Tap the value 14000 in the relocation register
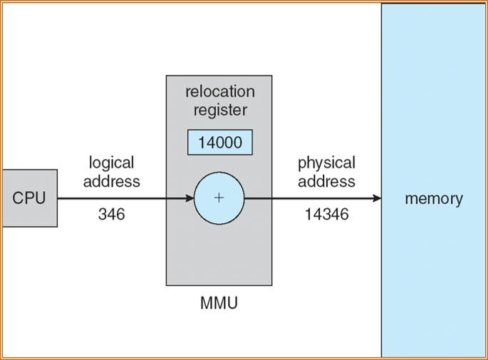(219, 143)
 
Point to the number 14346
(326, 214)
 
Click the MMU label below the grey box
(219, 304)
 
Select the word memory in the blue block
(433, 199)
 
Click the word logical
(111, 163)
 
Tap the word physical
(326, 163)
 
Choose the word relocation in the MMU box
(219, 92)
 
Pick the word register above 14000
(219, 110)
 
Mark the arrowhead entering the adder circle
(189, 198)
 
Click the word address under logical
(111, 181)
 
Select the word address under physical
(326, 181)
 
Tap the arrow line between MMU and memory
(313, 198)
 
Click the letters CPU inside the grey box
(28, 198)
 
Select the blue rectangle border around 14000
(189, 143)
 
